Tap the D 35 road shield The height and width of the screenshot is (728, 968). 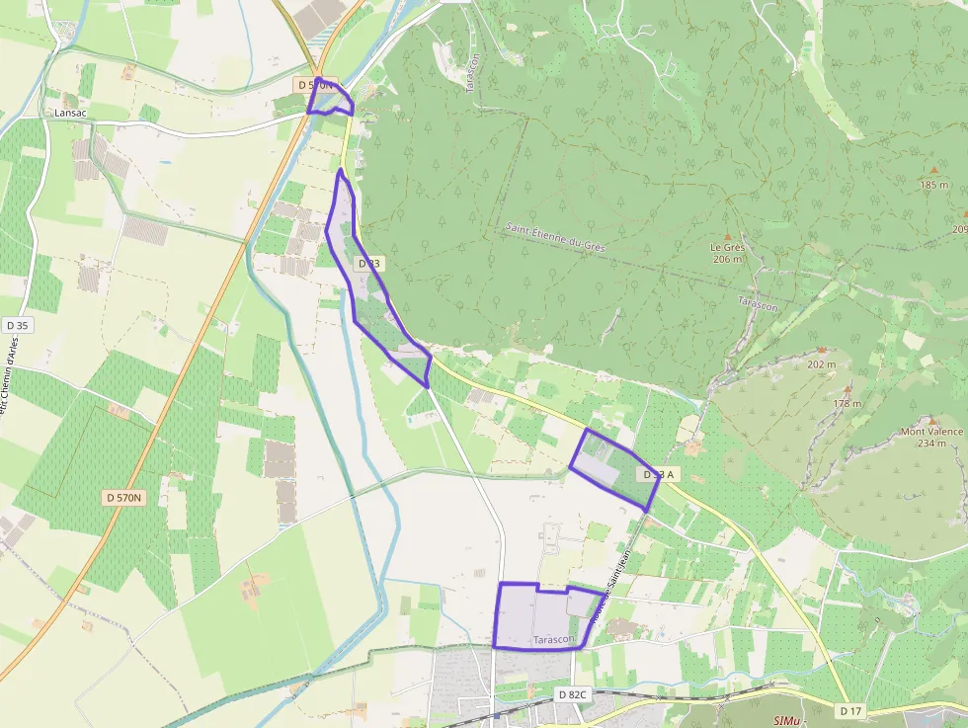[17, 325]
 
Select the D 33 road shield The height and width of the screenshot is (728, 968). [368, 264]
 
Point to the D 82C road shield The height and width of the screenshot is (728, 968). [572, 694]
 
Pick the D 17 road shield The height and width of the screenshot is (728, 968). [850, 710]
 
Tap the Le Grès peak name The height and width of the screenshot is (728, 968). [727, 247]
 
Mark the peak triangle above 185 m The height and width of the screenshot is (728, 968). [933, 171]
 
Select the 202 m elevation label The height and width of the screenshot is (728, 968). [821, 364]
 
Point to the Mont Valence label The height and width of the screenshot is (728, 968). [930, 432]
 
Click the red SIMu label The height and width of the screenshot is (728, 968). [787, 721]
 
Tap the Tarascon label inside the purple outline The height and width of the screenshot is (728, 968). [553, 640]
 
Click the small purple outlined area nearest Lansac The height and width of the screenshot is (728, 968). [329, 99]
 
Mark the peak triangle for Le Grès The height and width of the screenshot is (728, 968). [728, 236]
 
